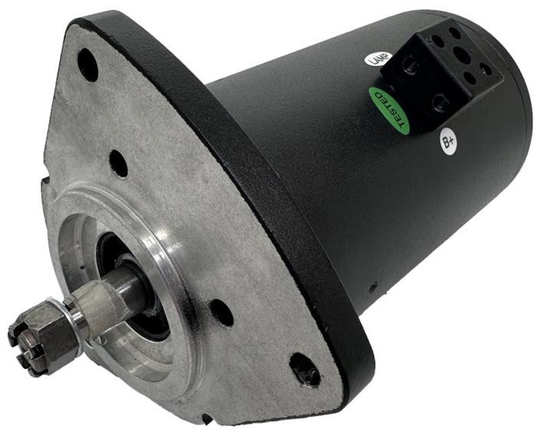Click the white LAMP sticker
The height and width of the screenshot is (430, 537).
[377, 59]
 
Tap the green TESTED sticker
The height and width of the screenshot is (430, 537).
[390, 110]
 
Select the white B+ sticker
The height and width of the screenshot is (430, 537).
[448, 141]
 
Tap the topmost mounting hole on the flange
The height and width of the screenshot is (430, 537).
[87, 64]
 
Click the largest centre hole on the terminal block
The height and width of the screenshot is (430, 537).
[462, 55]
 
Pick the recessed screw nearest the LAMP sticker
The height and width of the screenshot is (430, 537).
[410, 64]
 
